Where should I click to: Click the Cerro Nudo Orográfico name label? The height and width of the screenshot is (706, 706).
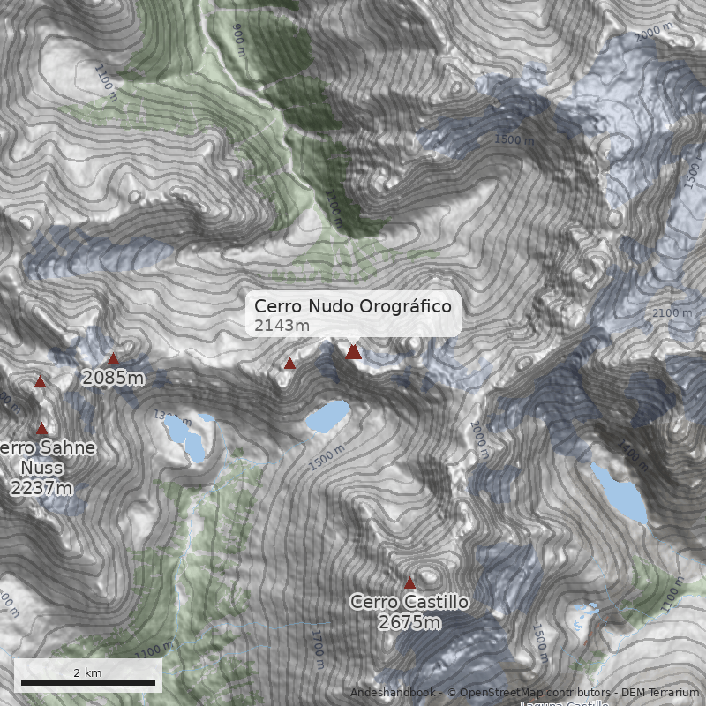353,306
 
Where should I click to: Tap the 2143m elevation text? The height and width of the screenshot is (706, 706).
282,326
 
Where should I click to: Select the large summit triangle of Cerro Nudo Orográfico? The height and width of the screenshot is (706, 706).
354,352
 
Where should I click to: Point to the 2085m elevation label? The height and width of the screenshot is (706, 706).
113,379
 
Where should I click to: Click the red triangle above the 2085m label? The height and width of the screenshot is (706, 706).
113,358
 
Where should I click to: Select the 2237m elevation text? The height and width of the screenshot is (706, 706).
41,488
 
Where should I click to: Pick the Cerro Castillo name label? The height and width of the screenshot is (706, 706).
409,602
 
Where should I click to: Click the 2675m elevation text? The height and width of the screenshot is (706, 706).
409,623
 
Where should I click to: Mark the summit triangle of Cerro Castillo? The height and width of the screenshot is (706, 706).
409,582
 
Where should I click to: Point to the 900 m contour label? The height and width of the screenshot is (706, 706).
239,34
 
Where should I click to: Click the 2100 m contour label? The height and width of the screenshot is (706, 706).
672,313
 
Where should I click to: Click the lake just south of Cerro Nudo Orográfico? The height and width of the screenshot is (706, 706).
327,417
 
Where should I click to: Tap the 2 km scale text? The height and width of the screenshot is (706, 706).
87,672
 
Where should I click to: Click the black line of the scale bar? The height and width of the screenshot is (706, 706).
88,683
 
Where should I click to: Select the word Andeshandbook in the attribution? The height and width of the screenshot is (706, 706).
391,693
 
